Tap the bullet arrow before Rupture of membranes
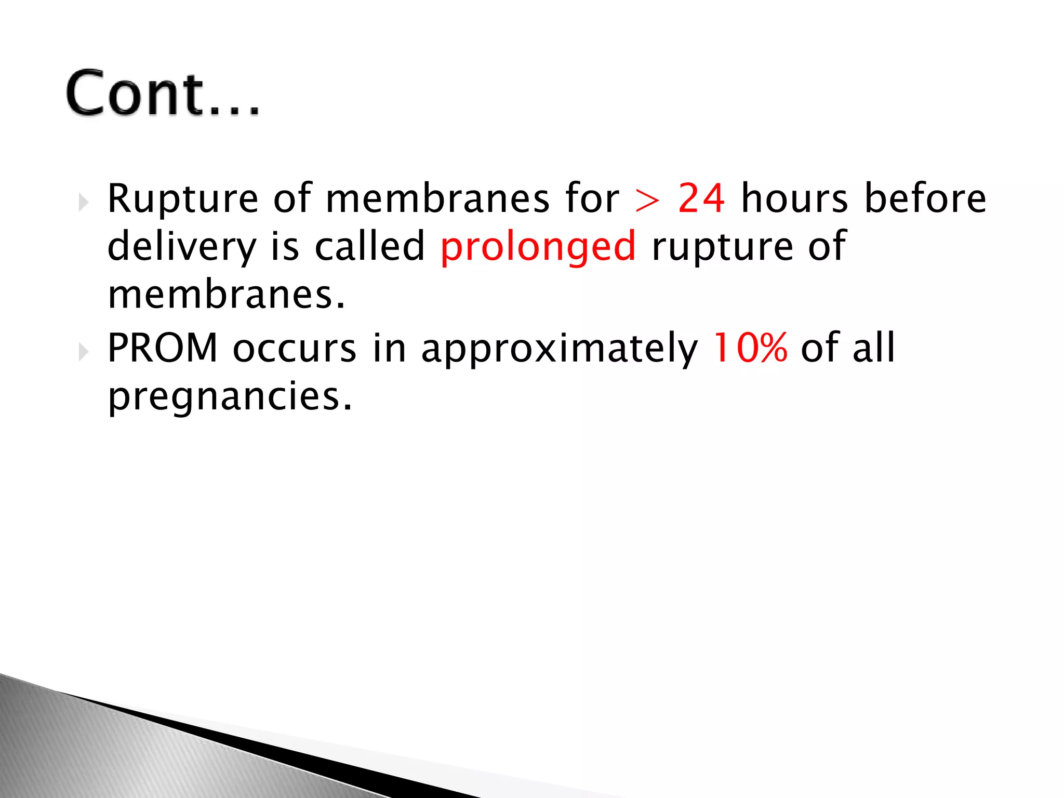point(83,202)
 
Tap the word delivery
point(181,247)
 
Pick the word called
point(370,246)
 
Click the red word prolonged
point(538,247)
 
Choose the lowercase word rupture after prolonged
point(722,247)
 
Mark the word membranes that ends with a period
point(226,294)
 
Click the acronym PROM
point(162,348)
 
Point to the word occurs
point(295,348)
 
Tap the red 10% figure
point(750,348)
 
